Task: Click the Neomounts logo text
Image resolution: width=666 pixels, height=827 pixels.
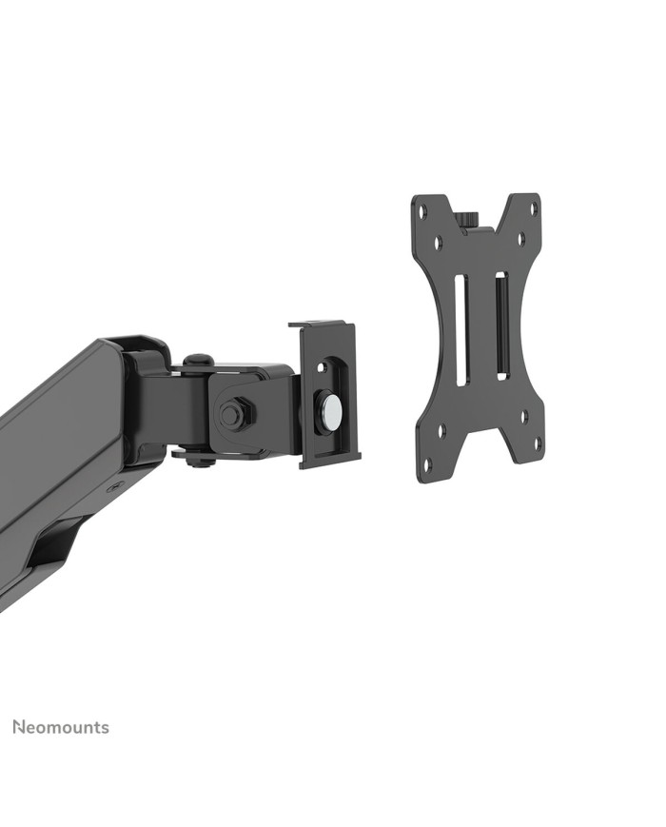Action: tap(61, 728)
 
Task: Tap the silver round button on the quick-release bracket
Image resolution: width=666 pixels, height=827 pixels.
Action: tap(331, 410)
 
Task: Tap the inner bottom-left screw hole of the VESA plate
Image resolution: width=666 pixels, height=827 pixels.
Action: tap(440, 431)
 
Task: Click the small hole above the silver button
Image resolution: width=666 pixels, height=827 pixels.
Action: tap(322, 366)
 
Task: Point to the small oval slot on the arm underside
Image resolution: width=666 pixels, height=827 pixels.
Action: tap(116, 484)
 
